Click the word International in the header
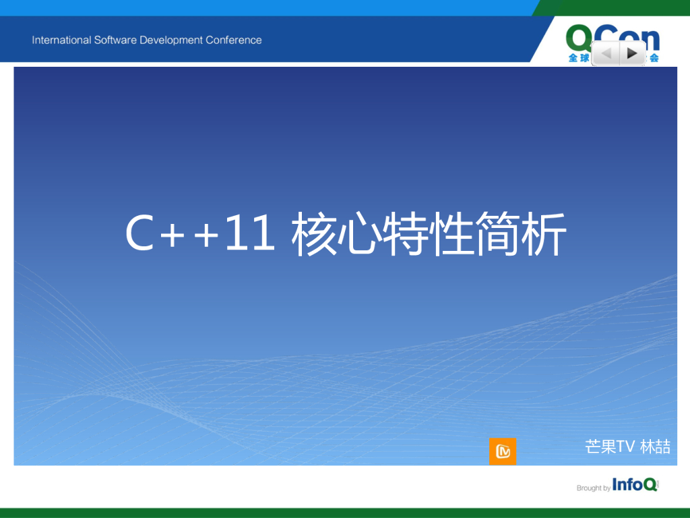point(61,40)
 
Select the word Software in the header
point(115,40)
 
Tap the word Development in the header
point(171,40)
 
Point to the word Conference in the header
point(234,40)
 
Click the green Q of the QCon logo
point(580,37)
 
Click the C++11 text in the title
point(200,235)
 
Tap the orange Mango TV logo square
point(503,451)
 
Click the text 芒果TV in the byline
point(610,447)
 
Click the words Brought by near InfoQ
point(593,488)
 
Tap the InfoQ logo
point(635,485)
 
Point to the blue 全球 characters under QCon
point(578,58)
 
